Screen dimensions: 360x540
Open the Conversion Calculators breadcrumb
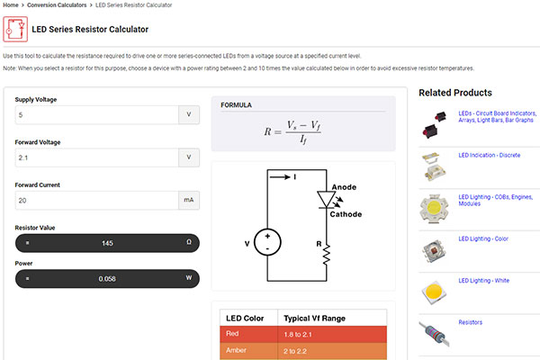point(59,5)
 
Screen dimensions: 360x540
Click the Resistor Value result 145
point(107,244)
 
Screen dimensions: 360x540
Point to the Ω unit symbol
point(189,244)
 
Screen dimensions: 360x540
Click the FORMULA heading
point(237,105)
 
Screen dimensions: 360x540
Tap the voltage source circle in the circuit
point(267,241)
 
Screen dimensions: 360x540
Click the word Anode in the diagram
point(345,187)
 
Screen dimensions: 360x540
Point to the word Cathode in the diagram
point(346,214)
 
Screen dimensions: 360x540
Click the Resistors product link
point(471,321)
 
